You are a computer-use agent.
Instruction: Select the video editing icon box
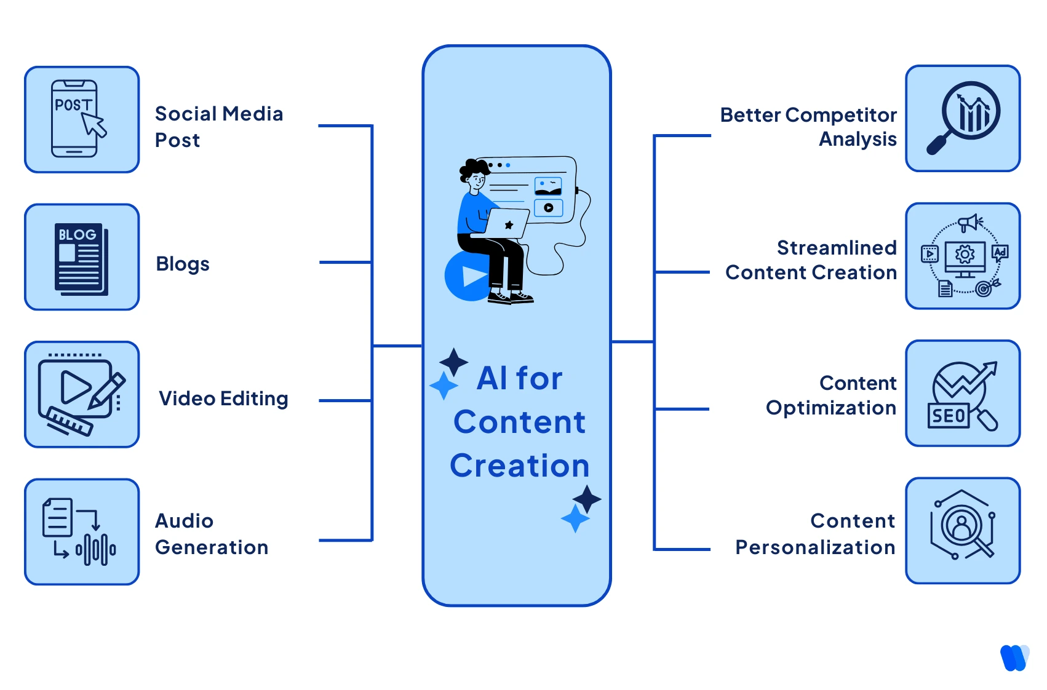tap(82, 394)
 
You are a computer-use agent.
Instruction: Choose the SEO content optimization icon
tap(963, 394)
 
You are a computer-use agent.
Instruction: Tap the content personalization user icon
tap(962, 526)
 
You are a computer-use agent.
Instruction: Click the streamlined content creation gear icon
tap(964, 254)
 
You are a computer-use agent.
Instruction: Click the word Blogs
tap(183, 264)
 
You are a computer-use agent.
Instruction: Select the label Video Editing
tap(223, 399)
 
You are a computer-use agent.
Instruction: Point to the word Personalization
tap(815, 547)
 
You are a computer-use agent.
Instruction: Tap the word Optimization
tap(830, 408)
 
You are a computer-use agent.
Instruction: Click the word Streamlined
tap(837, 248)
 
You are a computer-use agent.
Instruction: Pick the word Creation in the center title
tap(520, 466)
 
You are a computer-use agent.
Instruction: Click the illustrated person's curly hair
tap(474, 168)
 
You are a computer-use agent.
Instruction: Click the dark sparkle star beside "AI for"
tap(454, 362)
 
